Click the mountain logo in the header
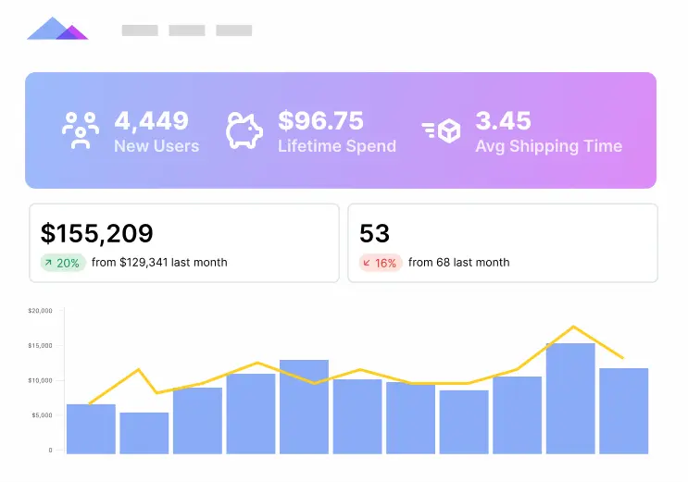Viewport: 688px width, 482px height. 57,29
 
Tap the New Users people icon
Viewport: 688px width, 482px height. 81,130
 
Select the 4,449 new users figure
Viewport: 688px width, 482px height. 151,120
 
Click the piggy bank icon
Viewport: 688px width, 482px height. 244,130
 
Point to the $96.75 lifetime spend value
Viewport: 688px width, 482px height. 320,120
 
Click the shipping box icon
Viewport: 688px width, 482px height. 441,130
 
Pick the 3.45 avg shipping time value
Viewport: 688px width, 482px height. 503,120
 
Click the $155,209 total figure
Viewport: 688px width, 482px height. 97,233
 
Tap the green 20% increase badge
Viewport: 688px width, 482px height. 62,263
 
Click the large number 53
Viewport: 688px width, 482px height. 375,233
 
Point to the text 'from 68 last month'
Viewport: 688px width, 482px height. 458,263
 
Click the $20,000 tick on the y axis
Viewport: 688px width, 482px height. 40,311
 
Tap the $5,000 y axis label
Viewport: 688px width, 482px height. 42,415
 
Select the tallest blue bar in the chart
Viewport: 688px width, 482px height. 570,398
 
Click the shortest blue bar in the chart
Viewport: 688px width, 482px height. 144,432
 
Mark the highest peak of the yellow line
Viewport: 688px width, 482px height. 573,327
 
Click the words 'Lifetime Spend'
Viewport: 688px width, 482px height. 336,146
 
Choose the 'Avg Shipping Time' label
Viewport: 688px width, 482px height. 548,146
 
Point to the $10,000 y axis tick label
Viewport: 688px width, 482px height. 40,380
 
